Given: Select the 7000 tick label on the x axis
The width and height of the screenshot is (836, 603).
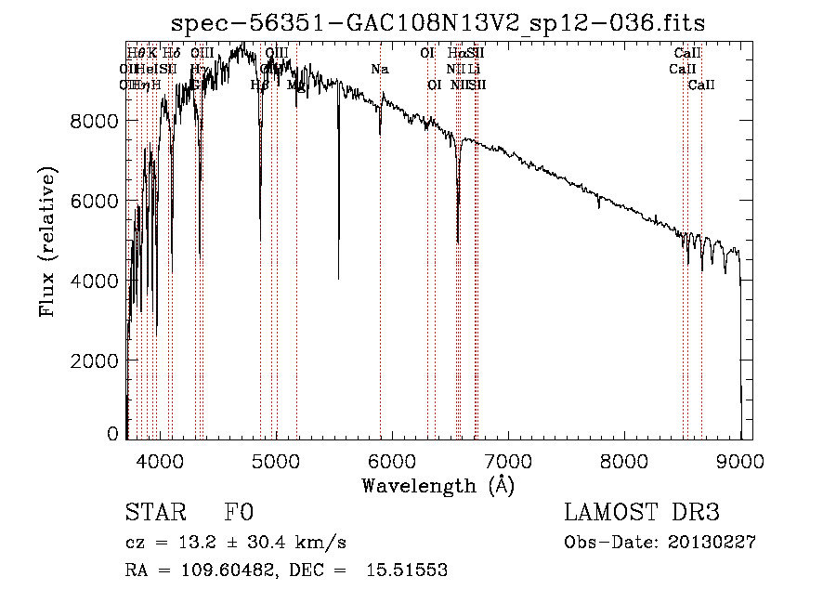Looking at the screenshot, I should pos(507,461).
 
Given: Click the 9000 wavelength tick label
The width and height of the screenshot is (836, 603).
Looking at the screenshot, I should pos(740,461).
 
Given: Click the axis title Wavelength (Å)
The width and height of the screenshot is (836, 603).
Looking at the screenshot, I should pos(438,485).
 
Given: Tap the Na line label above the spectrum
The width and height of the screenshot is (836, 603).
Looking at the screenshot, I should pos(379,69).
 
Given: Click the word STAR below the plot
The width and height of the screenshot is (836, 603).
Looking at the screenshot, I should pos(154,513).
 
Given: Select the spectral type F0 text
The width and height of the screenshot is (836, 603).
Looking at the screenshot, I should pos(238,513).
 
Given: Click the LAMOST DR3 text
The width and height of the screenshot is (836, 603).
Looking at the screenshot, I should pos(642,513).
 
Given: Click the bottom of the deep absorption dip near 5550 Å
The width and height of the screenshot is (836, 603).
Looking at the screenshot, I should pos(338,277).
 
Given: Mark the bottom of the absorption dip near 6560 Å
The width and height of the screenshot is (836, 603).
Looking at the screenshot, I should pos(457,242).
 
